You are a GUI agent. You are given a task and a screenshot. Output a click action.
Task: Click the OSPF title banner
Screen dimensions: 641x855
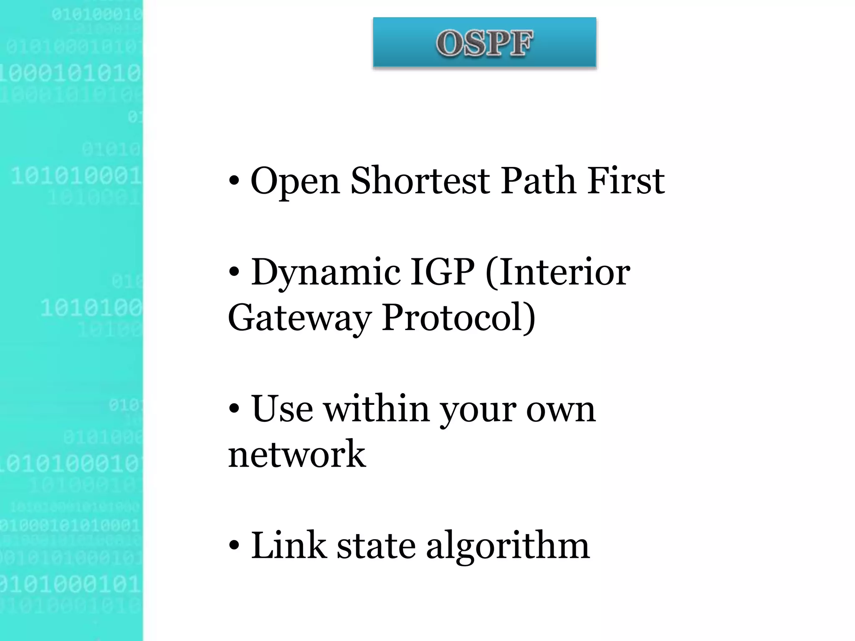484,43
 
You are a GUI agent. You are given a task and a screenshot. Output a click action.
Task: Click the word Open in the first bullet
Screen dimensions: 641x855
295,182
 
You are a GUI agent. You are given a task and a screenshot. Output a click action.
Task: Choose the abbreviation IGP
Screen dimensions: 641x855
442,272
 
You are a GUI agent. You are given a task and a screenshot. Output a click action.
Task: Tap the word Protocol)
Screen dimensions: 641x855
458,318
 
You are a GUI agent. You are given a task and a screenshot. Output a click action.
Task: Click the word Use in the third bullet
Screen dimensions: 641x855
282,409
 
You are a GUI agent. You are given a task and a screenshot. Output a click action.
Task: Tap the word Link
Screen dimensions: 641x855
288,545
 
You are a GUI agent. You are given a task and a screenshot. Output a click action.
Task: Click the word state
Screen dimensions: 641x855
376,546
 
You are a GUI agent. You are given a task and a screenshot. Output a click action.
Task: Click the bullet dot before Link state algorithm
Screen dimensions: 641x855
235,546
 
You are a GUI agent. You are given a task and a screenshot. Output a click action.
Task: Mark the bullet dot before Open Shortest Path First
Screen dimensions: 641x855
235,181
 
